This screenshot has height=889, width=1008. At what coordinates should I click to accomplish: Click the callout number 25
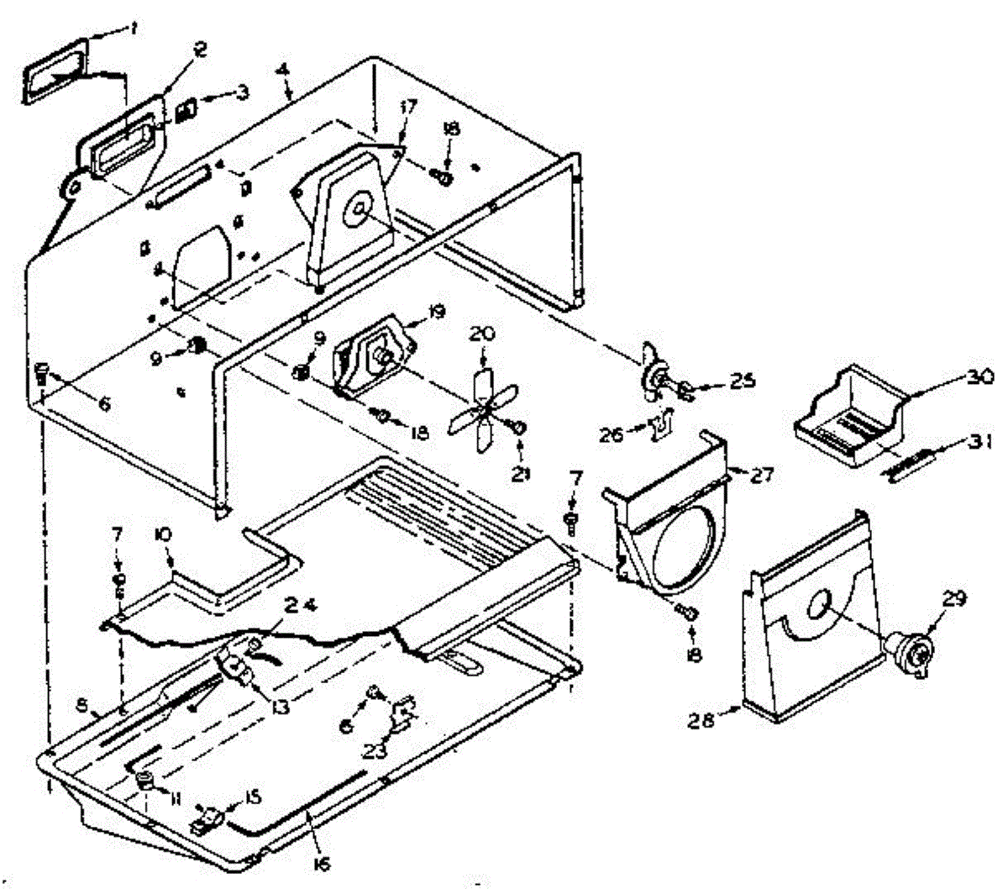pos(741,381)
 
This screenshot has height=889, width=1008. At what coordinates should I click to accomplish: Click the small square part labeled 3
pos(189,109)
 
